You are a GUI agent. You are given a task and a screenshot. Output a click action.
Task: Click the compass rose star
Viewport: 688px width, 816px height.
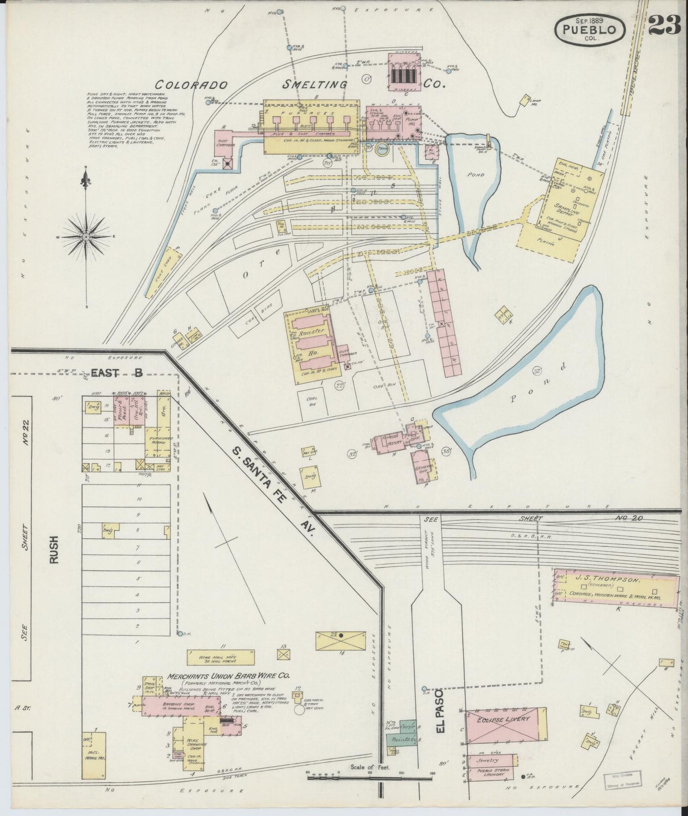[x=86, y=237]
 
